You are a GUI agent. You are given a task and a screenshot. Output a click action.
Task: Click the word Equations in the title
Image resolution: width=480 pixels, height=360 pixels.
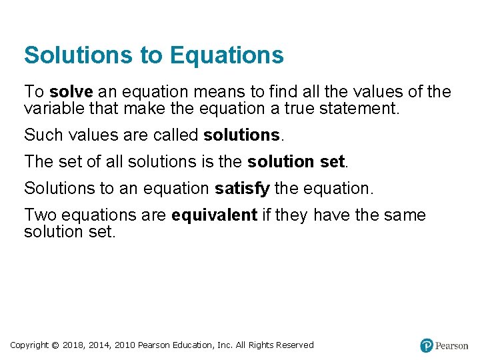227,55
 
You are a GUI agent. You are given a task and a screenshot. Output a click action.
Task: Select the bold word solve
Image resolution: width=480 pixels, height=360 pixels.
71,92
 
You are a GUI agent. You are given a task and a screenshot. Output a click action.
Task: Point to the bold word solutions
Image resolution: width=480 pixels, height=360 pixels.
241,135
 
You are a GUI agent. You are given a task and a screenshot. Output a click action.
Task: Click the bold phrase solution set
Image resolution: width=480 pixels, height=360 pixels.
296,162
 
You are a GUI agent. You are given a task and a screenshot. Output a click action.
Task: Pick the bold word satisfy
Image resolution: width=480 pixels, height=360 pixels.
242,189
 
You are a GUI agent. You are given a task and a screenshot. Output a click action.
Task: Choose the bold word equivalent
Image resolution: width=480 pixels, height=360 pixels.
214,215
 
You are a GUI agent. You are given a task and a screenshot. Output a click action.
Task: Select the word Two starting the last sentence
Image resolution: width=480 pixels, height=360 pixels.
39,215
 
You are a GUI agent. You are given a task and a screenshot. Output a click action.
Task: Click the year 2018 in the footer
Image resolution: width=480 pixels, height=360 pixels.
73,345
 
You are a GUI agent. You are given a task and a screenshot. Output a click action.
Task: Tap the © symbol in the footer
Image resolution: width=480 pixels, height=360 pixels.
55,345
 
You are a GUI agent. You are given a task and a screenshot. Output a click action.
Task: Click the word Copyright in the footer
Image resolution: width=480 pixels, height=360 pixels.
29,345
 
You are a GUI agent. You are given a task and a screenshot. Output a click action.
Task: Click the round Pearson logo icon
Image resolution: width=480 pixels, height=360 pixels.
427,345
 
